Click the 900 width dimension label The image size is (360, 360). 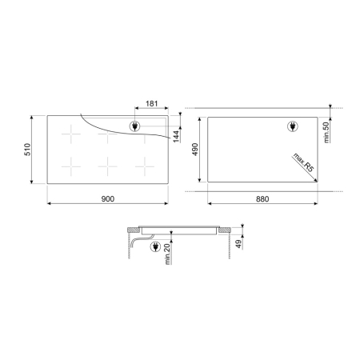[x=108, y=199]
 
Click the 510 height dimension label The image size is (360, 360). [x=27, y=150]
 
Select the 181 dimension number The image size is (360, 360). [x=152, y=103]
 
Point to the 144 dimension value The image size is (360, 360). [x=176, y=136]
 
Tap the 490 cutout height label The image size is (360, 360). [x=195, y=150]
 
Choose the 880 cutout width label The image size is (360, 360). [x=262, y=199]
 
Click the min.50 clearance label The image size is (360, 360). [x=326, y=132]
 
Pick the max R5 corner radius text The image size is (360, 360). [x=303, y=162]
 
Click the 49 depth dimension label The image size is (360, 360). [x=238, y=244]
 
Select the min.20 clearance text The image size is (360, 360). [x=167, y=254]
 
